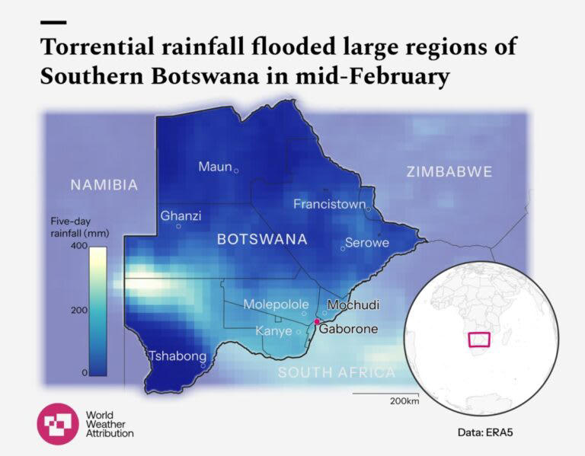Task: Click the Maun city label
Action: pos(215,167)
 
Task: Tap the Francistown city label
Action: pos(329,204)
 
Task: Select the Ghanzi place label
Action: pos(181,216)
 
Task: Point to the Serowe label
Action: pos(367,243)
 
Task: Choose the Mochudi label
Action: pos(353,305)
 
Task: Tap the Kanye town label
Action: pos(273,331)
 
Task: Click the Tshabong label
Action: pos(177,356)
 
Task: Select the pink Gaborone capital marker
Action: pos(317,322)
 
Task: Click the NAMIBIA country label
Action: pos(104,185)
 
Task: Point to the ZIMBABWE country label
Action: pos(449,171)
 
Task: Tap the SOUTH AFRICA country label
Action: pos(336,372)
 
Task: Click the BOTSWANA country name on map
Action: pos(262,239)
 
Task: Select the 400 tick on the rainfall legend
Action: pos(79,247)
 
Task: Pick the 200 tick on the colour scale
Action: pos(79,311)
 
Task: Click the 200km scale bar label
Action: pos(404,401)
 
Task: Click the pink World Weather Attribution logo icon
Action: pos(57,423)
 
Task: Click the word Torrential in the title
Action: pos(91,46)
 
